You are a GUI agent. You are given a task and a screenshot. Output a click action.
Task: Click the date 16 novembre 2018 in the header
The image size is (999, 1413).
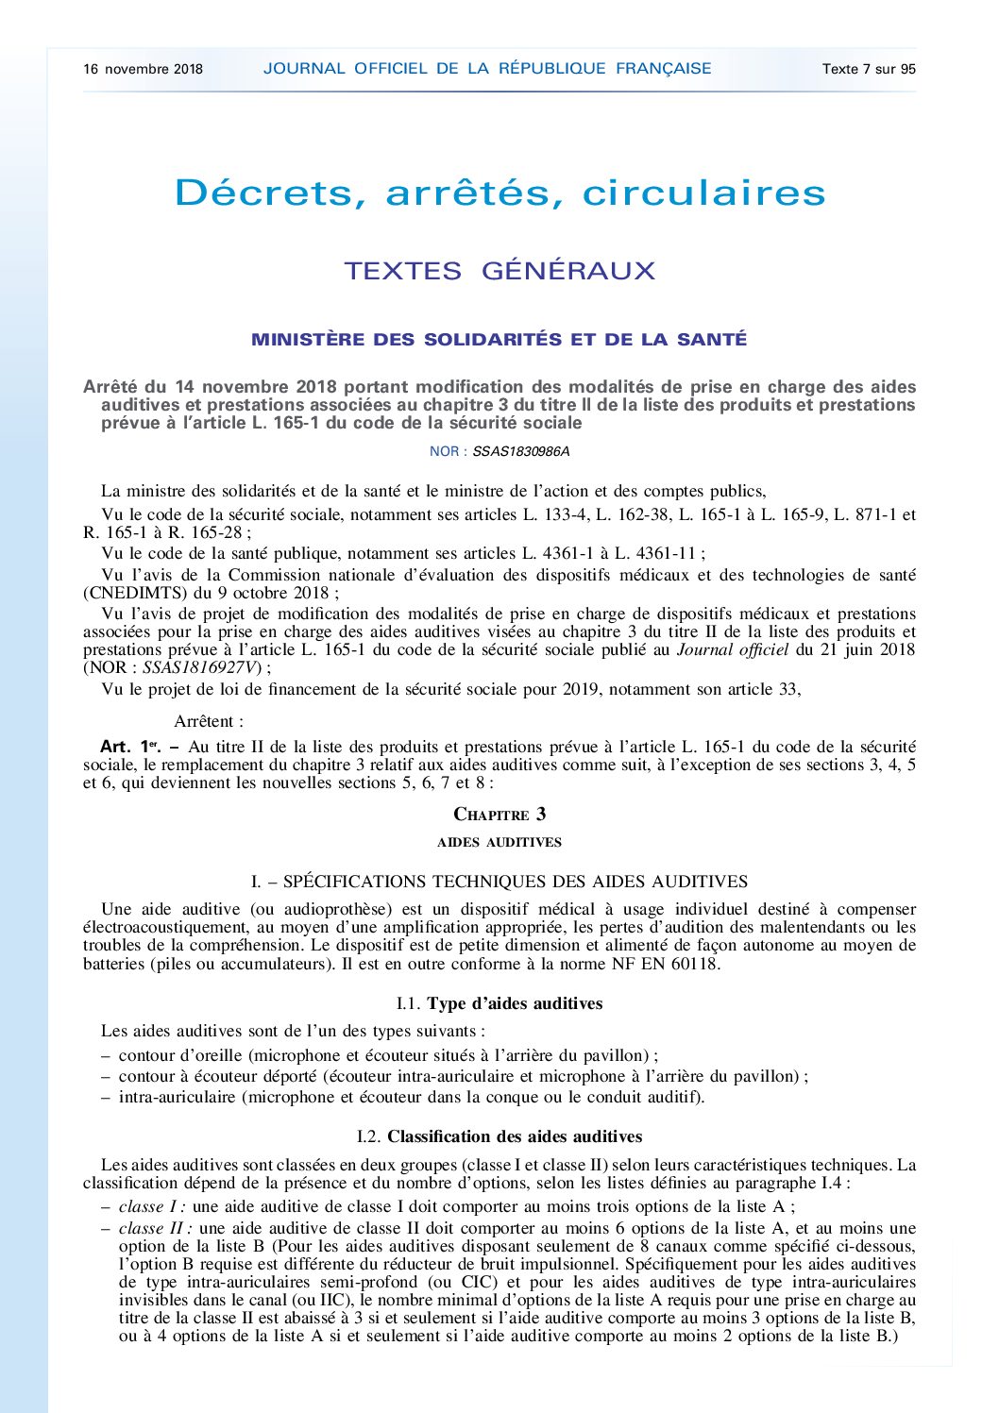pos(143,69)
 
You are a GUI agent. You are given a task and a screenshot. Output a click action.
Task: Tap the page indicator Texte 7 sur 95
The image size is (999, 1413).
pos(869,69)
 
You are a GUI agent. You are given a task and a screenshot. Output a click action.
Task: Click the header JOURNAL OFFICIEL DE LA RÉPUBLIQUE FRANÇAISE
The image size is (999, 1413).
pos(487,69)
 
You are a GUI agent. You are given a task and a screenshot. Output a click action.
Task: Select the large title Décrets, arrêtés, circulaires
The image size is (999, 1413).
pos(499,193)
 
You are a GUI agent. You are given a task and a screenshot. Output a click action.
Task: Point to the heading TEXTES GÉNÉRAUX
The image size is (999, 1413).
pos(499,271)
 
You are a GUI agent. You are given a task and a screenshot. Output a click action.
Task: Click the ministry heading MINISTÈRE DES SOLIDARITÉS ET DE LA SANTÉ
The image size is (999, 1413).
pos(499,340)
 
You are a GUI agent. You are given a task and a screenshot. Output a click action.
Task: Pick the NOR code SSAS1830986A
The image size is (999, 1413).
pos(521,451)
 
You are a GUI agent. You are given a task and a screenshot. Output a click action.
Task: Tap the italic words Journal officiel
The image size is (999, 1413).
pos(733,649)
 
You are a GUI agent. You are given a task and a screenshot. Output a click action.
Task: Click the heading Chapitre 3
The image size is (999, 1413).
pos(499,815)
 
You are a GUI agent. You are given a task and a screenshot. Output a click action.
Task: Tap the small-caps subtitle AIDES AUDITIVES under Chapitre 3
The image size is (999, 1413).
pos(499,842)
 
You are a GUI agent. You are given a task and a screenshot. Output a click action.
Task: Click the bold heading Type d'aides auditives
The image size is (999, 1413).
pos(515,1003)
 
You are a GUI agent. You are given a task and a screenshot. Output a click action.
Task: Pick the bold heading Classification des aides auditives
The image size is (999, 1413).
pos(515,1136)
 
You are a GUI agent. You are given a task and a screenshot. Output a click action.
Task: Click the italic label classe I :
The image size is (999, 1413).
pos(152,1206)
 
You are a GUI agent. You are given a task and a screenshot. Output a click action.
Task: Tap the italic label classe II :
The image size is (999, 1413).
pos(156,1228)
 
